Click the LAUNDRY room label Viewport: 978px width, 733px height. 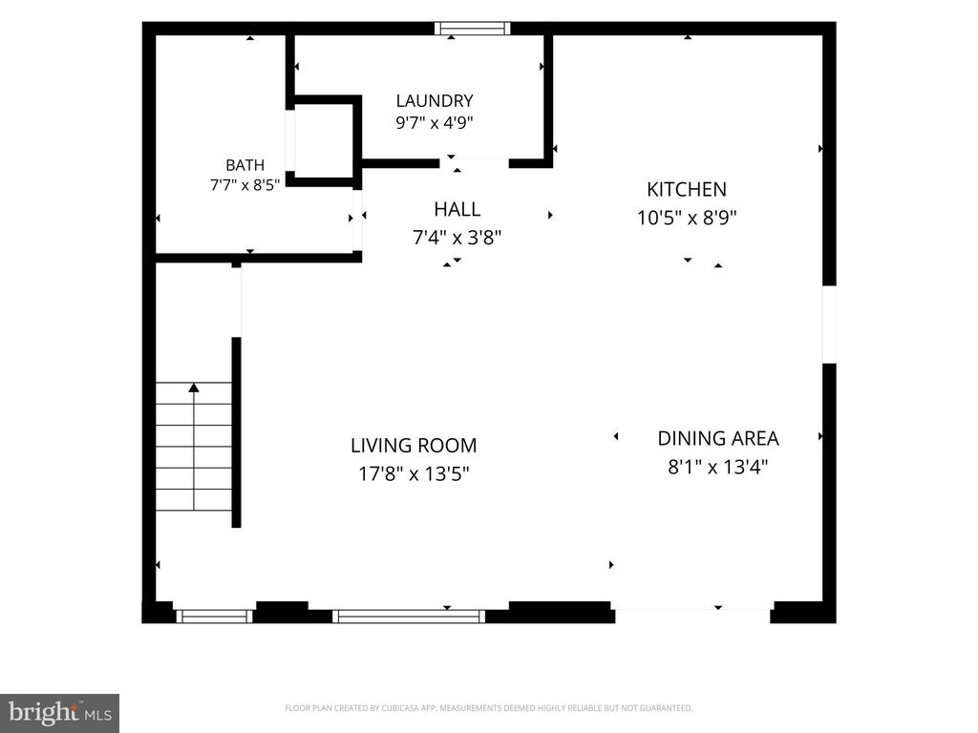435,101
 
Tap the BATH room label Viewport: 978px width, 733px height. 245,165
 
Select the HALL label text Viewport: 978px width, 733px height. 457,209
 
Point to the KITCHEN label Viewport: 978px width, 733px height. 686,190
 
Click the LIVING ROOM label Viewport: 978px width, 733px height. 414,446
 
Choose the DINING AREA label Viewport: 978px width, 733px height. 718,439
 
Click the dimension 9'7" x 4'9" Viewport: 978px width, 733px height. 435,123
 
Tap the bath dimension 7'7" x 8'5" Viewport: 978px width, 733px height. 245,185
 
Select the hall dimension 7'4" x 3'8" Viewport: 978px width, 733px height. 457,238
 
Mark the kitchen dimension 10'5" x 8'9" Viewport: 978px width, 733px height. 687,219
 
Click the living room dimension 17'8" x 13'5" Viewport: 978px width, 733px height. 414,474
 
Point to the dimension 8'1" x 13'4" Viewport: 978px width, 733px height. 718,467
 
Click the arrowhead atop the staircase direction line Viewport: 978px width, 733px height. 194,387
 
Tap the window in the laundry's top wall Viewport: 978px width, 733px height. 472,28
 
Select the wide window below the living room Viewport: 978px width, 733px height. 409,617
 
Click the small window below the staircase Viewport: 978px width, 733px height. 215,617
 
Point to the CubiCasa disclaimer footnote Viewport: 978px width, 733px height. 488,708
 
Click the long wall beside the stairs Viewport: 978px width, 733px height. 237,432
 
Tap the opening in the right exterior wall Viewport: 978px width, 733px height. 829,325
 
